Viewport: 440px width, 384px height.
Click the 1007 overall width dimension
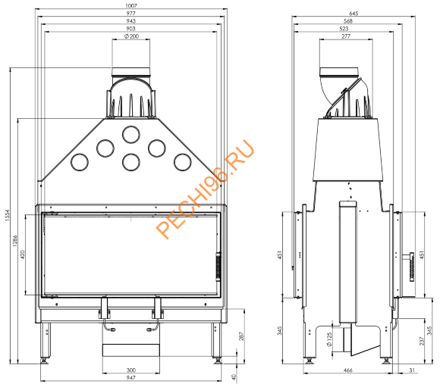pyautogui.click(x=130, y=6)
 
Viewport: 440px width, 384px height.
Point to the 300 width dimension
pyautogui.click(x=130, y=370)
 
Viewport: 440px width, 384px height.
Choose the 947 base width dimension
pyautogui.click(x=130, y=377)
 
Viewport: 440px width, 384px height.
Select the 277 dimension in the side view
pyautogui.click(x=347, y=37)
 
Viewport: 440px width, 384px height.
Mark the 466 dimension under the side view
pyautogui.click(x=347, y=370)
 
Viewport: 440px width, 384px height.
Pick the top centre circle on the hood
pyautogui.click(x=130, y=134)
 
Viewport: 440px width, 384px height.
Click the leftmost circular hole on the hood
pyautogui.click(x=79, y=161)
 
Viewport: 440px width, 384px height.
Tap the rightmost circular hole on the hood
pyautogui.click(x=182, y=161)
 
